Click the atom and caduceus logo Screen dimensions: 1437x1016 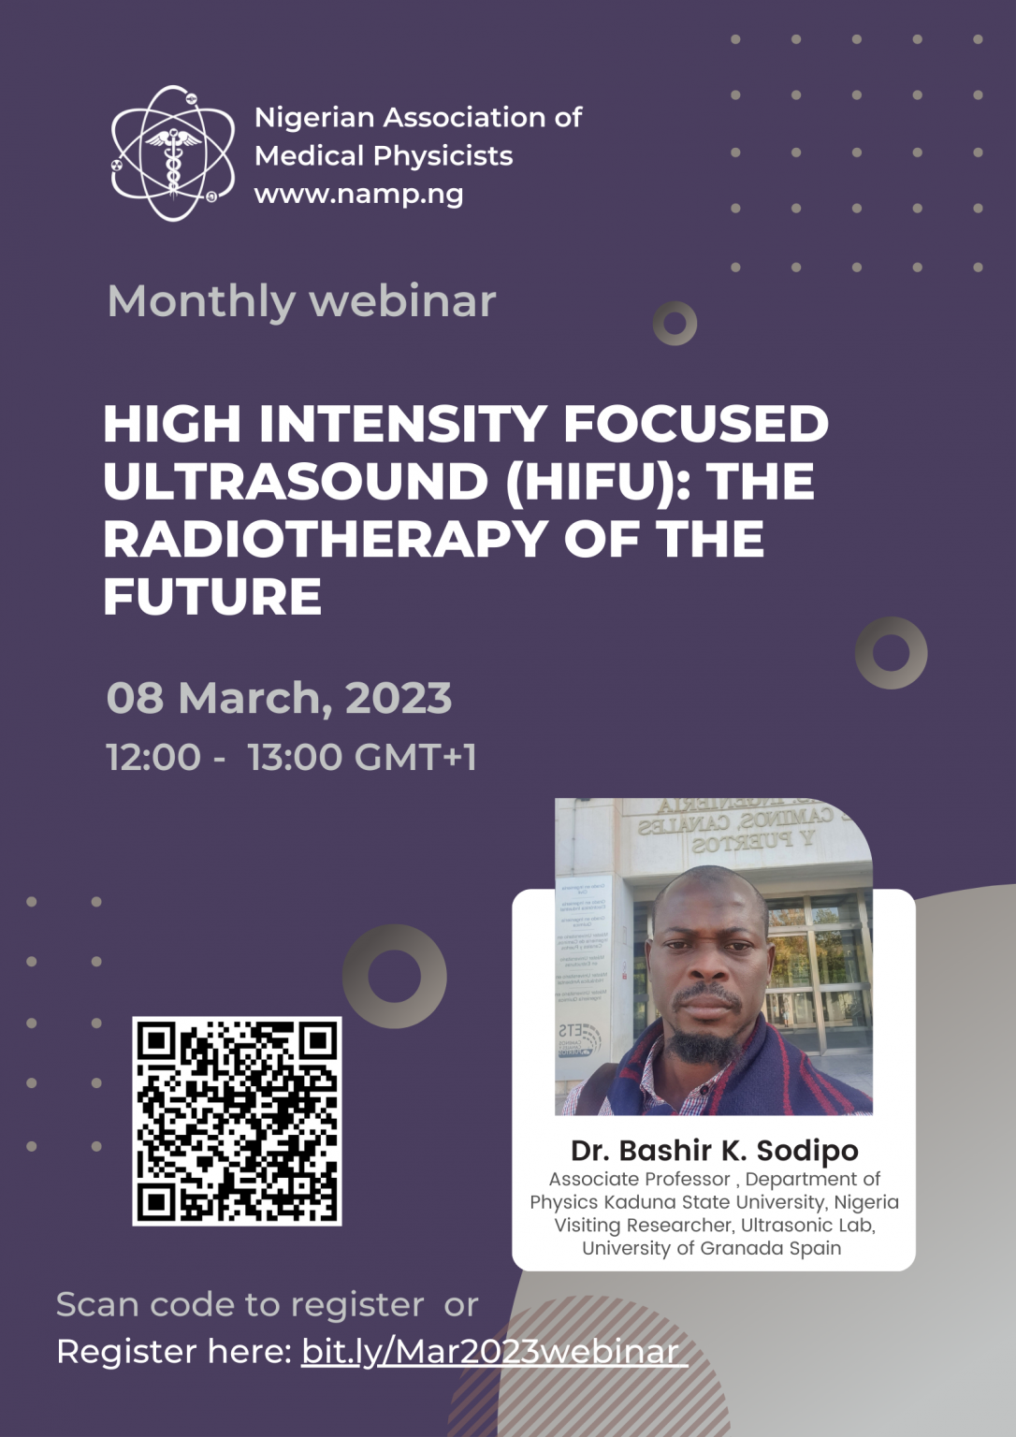click(173, 153)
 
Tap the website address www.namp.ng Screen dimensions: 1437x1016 click(358, 195)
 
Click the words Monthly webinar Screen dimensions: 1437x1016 click(301, 301)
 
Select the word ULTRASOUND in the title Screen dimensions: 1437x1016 click(296, 482)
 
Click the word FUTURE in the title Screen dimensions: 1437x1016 click(212, 597)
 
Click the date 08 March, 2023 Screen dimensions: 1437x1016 click(279, 699)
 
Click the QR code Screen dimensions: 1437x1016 click(237, 1121)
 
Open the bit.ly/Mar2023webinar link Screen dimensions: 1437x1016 click(492, 1352)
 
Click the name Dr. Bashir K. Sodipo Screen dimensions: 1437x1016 click(714, 1150)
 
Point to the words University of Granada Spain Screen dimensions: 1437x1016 click(711, 1248)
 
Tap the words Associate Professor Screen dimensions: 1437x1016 click(639, 1179)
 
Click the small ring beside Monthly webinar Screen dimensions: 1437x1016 click(675, 324)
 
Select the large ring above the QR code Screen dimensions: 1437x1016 click(394, 976)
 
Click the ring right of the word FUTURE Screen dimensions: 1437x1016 click(891, 653)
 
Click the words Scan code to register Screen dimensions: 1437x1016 click(239, 1304)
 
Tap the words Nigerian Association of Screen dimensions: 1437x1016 click(418, 118)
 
